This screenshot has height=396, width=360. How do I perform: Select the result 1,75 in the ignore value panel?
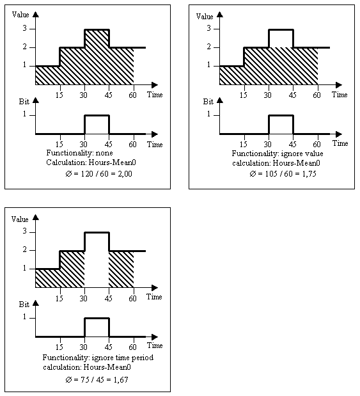[x=309, y=174]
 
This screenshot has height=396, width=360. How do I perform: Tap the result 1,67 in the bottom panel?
[x=121, y=379]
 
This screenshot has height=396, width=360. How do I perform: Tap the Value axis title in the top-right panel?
[x=205, y=17]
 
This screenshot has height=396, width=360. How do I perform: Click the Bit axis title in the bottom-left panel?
[x=24, y=305]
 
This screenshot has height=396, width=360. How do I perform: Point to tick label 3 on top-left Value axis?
[x=24, y=28]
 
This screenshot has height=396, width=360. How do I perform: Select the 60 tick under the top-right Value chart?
[x=317, y=95]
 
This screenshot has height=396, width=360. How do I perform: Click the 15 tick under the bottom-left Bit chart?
[x=59, y=347]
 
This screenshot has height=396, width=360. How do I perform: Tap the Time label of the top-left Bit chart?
[x=155, y=144]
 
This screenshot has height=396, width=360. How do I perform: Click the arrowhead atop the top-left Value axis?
[x=36, y=15]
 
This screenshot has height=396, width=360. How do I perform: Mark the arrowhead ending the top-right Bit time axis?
[x=339, y=134]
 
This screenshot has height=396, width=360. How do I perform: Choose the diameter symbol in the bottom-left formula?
[x=68, y=379]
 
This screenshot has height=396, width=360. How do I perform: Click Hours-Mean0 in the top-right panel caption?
[x=297, y=163]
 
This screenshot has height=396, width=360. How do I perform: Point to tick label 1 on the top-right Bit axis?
[x=209, y=114]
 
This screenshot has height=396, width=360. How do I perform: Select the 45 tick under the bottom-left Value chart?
[x=108, y=299]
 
